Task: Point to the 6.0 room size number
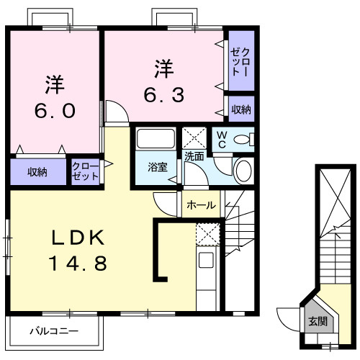tap(55, 110)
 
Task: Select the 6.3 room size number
tap(164, 94)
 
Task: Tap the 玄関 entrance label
tap(317, 322)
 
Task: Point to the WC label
tap(222, 140)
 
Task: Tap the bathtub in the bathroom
tap(156, 139)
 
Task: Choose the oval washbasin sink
tap(244, 171)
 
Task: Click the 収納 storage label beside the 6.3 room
tap(241, 109)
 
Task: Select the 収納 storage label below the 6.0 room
tap(38, 172)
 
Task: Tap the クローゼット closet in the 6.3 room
tap(240, 63)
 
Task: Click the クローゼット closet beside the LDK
tap(85, 172)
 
